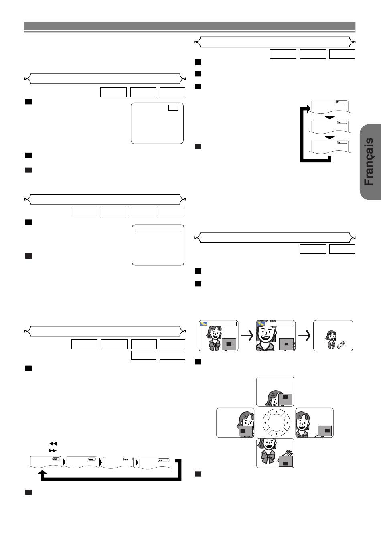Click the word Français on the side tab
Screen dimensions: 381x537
pyautogui.click(x=369, y=161)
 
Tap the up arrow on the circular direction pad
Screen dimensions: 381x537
pyautogui.click(x=276, y=412)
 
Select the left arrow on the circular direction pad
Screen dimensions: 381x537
pyautogui.click(x=265, y=422)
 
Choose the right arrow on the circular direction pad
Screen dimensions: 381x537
pyautogui.click(x=287, y=423)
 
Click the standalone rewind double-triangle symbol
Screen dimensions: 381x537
pyautogui.click(x=53, y=444)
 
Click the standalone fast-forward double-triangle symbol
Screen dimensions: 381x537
pyautogui.click(x=53, y=450)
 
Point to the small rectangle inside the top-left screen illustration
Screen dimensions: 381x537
pyautogui.click(x=173, y=107)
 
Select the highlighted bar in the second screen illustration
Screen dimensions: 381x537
pyautogui.click(x=158, y=230)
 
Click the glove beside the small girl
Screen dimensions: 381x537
pyautogui.click(x=341, y=344)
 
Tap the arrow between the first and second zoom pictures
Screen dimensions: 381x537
pyautogui.click(x=247, y=335)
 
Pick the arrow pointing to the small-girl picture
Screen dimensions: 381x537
pyautogui.click(x=304, y=335)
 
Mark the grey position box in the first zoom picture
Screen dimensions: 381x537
pyautogui.click(x=229, y=344)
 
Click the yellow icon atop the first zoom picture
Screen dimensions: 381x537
pyautogui.click(x=204, y=324)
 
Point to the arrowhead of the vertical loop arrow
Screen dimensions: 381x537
pyautogui.click(x=308, y=108)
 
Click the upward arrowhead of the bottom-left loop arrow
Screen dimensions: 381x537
pyautogui.click(x=43, y=472)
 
